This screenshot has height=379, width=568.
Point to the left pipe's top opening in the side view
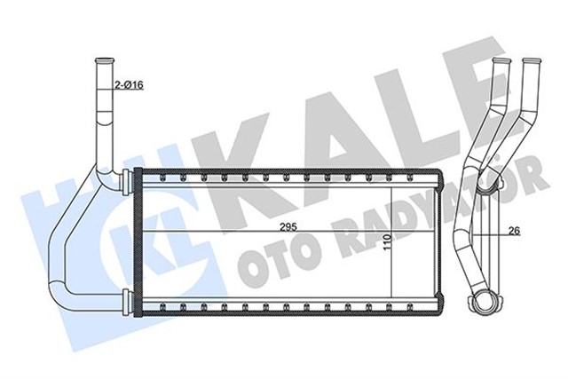click(x=501, y=62)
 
